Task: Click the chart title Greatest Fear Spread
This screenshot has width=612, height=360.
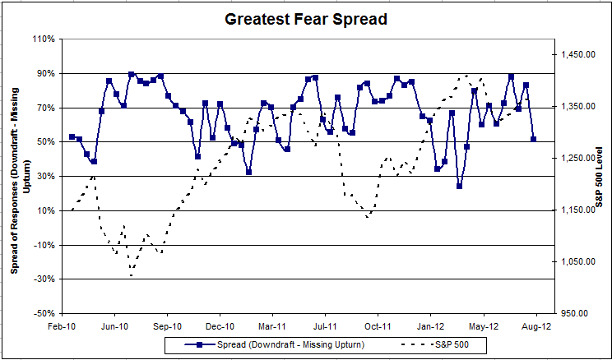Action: click(x=306, y=17)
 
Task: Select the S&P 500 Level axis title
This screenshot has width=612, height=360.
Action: click(x=600, y=176)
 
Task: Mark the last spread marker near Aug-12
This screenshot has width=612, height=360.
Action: click(x=534, y=139)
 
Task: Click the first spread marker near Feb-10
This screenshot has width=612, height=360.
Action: click(x=72, y=136)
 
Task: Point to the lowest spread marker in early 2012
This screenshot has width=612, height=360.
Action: click(x=459, y=186)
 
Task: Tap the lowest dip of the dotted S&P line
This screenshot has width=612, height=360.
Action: click(x=132, y=275)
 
